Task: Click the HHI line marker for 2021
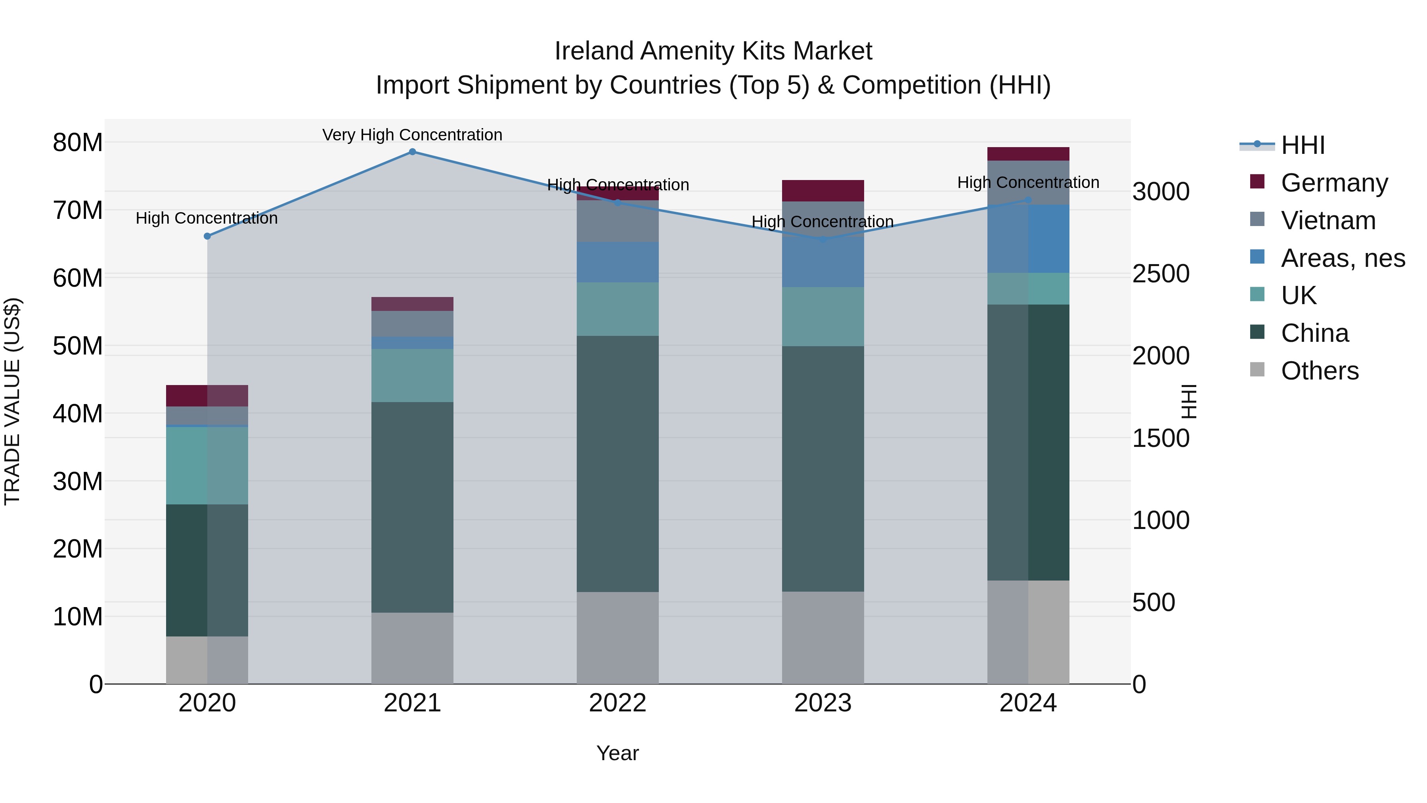[x=412, y=152]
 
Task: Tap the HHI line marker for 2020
[x=207, y=236]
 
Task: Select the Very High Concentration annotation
[x=412, y=135]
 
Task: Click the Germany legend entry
[x=1334, y=183]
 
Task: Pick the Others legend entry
[x=1320, y=371]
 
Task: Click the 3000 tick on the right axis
[x=1161, y=192]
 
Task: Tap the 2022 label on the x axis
[x=617, y=703]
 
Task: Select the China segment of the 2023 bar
[x=823, y=468]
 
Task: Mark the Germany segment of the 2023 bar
[x=823, y=191]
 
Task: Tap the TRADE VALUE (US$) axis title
[x=12, y=401]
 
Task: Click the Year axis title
[x=617, y=753]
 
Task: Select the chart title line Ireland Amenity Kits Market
[x=713, y=51]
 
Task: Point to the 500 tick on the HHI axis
[x=1153, y=602]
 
